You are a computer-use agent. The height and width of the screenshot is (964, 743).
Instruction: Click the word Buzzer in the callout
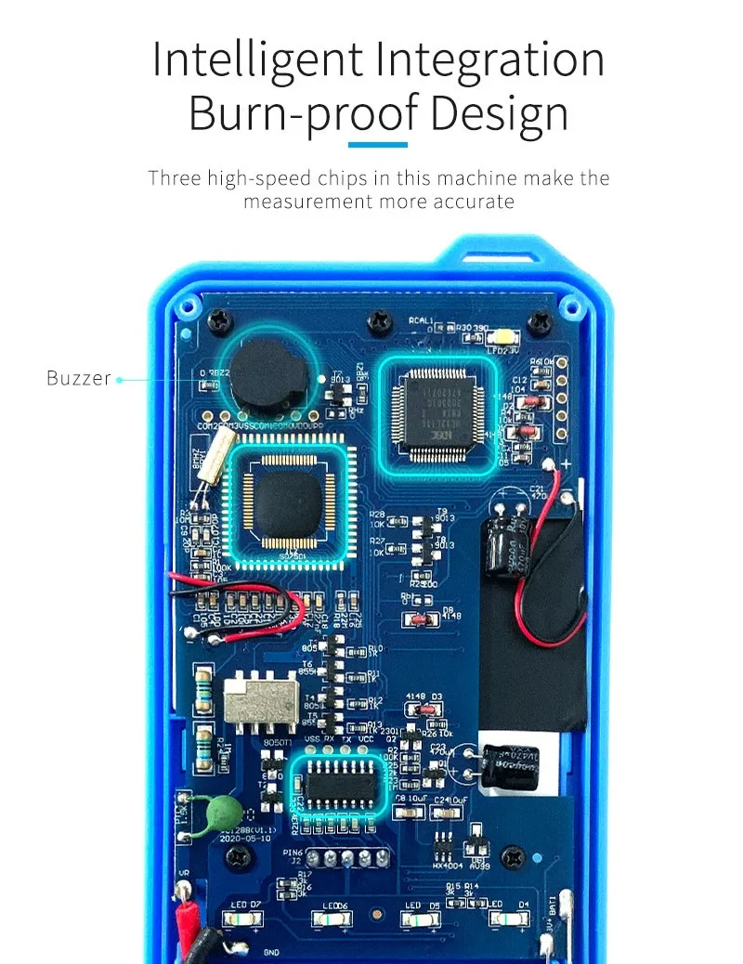click(x=78, y=379)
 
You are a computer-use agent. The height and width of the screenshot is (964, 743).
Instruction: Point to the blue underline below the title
click(x=377, y=144)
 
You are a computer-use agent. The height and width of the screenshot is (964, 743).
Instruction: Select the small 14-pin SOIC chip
click(x=336, y=783)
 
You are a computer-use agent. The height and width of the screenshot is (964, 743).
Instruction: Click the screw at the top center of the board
click(x=380, y=322)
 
